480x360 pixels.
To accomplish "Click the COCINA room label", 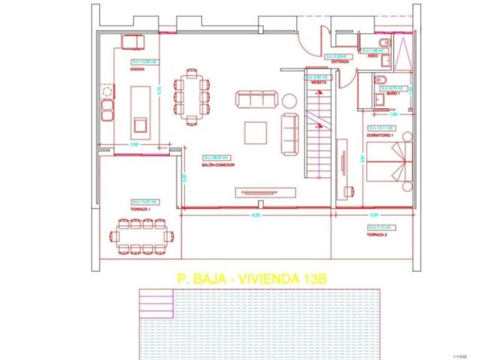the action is (x=137, y=69).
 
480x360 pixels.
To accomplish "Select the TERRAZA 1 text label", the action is (x=140, y=210).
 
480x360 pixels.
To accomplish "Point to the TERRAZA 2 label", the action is (x=377, y=234).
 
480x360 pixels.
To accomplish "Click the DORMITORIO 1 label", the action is (x=381, y=135).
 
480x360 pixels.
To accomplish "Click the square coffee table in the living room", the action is (x=255, y=132).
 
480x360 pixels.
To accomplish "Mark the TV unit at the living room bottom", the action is (x=266, y=192).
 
